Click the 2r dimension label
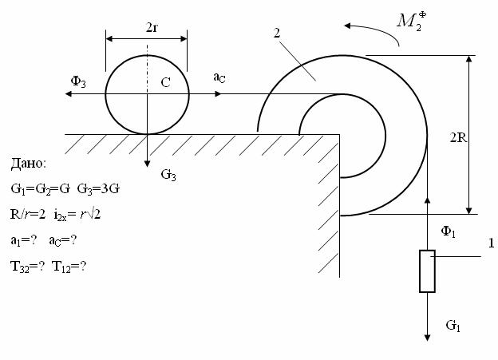point(152,28)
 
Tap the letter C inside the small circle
point(165,83)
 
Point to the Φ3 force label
point(78,81)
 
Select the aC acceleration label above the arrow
point(219,77)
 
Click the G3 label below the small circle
point(168,175)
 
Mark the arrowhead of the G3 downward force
point(147,164)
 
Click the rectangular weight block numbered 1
point(427,271)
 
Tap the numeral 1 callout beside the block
point(491,243)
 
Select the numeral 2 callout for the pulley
point(277,33)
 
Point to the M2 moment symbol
point(412,22)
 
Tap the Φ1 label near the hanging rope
point(449,231)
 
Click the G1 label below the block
point(453,326)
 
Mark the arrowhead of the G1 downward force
point(428,338)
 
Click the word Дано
point(29,164)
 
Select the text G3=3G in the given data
point(98,189)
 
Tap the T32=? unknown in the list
point(28,267)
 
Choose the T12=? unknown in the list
point(69,267)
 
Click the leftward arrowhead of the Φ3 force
point(68,93)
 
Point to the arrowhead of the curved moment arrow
point(347,26)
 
